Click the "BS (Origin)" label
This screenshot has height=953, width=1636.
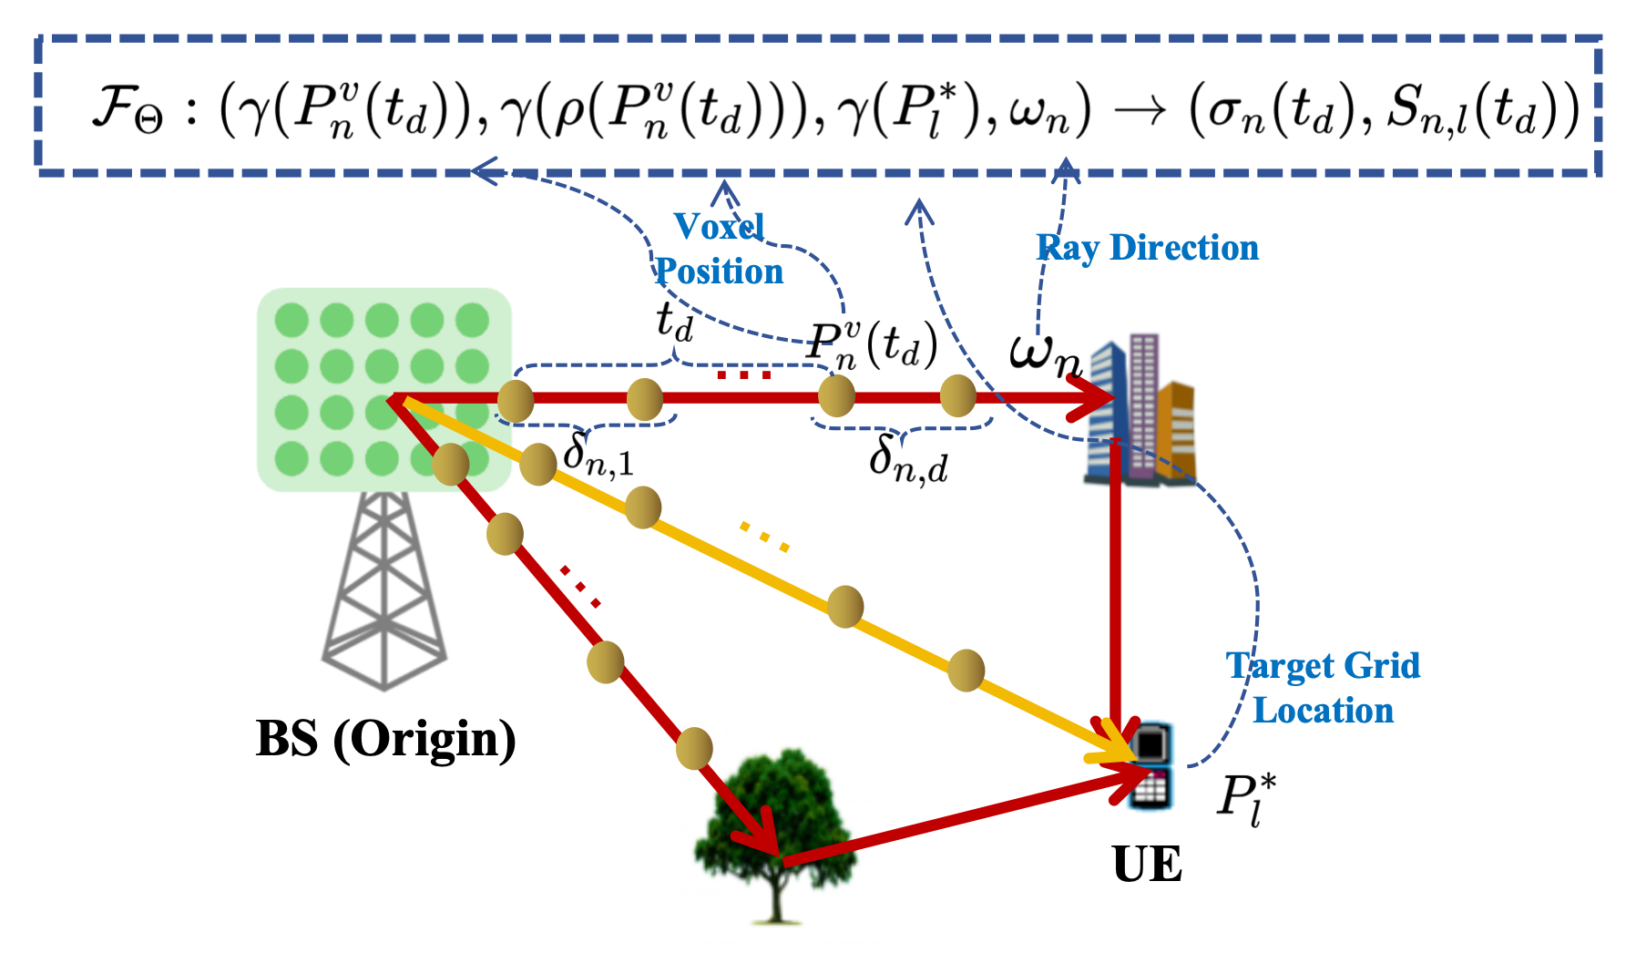pos(386,738)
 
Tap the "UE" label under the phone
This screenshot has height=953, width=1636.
pos(1147,864)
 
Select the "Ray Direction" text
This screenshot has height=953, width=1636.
pos(1148,248)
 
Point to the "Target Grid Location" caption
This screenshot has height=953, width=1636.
pos(1323,688)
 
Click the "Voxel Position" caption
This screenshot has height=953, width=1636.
pos(719,249)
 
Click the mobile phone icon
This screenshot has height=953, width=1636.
pos(1150,765)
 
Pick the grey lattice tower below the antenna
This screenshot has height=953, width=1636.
pos(384,592)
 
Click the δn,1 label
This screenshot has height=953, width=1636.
pos(598,454)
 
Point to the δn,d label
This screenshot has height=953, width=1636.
pos(907,458)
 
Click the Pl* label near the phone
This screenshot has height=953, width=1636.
pos(1246,799)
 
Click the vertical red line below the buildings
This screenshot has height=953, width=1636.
pos(1115,583)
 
